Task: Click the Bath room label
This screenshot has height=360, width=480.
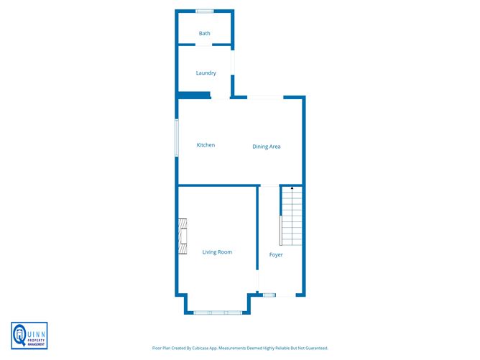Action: click(205, 33)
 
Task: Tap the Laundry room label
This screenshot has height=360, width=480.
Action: click(206, 73)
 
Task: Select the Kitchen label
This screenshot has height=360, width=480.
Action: click(206, 145)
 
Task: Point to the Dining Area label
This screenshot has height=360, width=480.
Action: click(266, 147)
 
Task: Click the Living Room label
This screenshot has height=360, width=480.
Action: click(217, 251)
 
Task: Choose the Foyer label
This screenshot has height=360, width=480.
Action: click(276, 254)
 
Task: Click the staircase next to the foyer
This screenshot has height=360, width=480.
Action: click(292, 216)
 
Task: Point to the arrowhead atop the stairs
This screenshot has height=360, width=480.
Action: click(292, 188)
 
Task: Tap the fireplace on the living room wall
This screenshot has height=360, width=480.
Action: click(183, 237)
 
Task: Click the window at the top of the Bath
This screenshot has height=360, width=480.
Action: click(205, 10)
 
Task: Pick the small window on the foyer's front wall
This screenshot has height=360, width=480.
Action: click(269, 295)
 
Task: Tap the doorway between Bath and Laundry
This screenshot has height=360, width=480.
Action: click(205, 45)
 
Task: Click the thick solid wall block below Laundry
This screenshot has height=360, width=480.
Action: click(194, 95)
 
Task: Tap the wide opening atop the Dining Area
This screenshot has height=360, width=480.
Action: click(265, 97)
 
